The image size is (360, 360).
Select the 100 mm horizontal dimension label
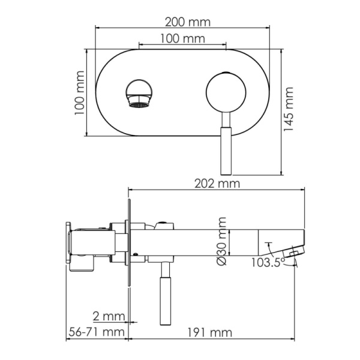click(x=182, y=38)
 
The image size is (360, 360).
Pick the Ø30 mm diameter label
click(x=221, y=241)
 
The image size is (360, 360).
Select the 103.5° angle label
click(x=266, y=262)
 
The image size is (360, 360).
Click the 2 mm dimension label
click(x=108, y=316)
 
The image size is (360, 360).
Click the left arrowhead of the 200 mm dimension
click(x=98, y=27)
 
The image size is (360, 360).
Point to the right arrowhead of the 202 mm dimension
click(x=304, y=190)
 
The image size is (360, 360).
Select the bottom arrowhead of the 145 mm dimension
click(x=281, y=173)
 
